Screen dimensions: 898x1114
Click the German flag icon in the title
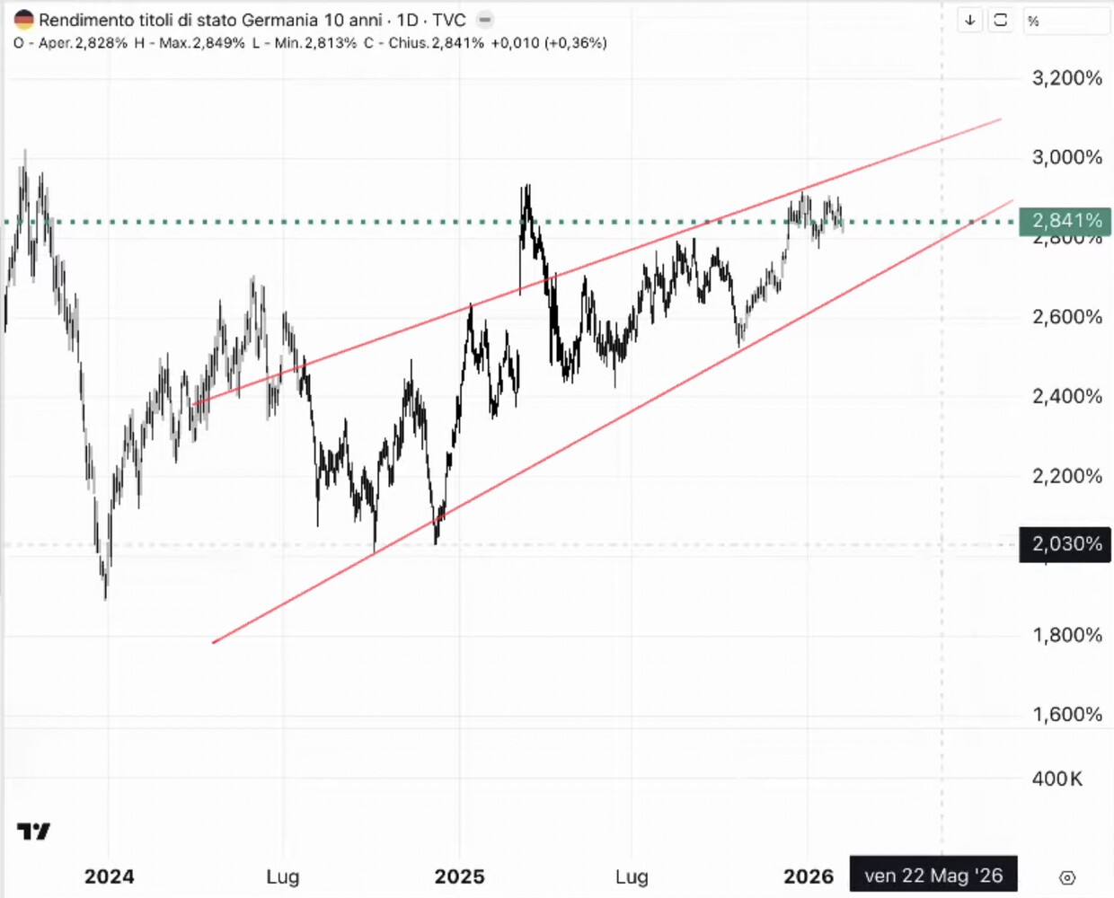click(23, 20)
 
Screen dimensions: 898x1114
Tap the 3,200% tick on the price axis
click(1066, 78)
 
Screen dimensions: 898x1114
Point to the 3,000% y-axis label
click(1066, 157)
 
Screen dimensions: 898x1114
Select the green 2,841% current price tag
click(1065, 221)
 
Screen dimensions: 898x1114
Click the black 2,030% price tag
click(1065, 544)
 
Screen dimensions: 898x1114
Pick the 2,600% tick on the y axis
click(1066, 317)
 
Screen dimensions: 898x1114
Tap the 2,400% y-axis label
click(1066, 396)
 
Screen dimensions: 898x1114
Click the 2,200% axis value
click(1066, 476)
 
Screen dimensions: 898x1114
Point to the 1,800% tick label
click(1066, 635)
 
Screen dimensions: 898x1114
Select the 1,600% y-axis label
click(1066, 714)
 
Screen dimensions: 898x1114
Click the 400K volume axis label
click(1057, 779)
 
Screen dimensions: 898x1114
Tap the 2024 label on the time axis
click(109, 876)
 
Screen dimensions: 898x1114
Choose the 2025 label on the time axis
click(459, 876)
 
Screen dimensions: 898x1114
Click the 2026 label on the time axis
click(809, 876)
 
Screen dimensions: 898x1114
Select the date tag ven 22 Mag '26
click(933, 876)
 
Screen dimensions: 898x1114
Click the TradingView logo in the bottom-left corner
click(34, 832)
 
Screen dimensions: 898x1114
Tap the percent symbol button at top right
click(1034, 21)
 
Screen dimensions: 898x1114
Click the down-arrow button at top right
click(970, 20)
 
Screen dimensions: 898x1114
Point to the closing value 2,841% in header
click(457, 43)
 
